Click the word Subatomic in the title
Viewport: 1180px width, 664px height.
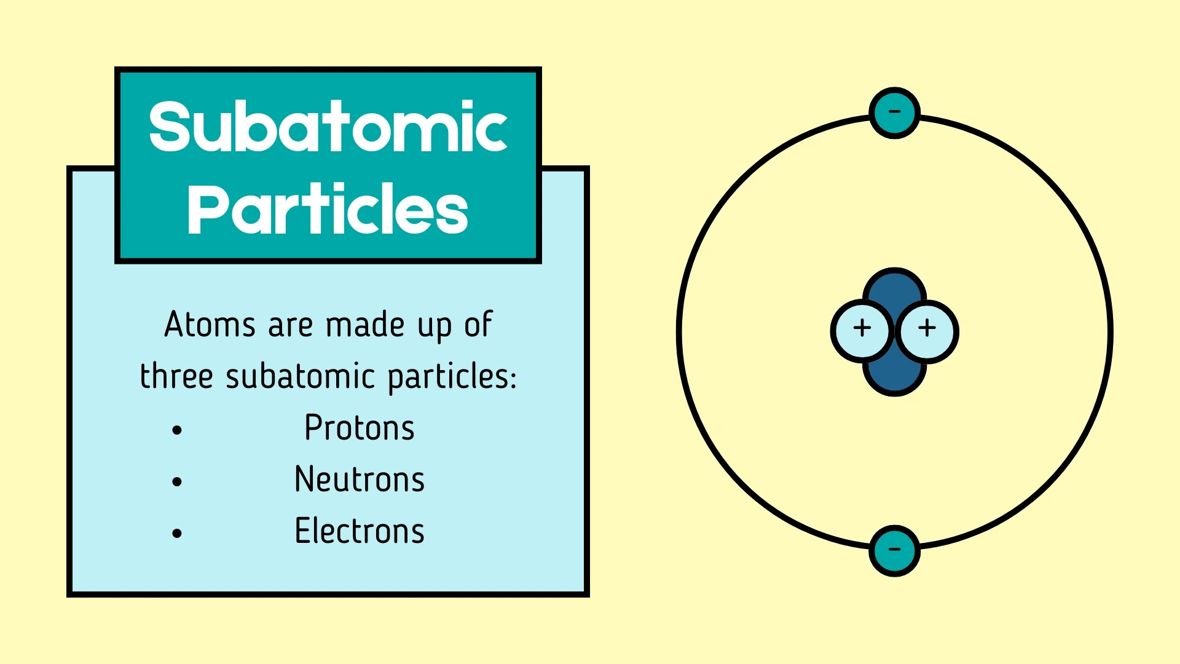pyautogui.click(x=328, y=127)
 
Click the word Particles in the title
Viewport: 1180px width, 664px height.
pyautogui.click(x=328, y=210)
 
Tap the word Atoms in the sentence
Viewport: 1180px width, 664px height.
pyautogui.click(x=210, y=325)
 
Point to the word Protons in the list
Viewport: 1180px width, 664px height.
pyautogui.click(x=360, y=428)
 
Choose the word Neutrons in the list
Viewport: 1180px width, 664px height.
pyautogui.click(x=360, y=480)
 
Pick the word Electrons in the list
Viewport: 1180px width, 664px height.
pyautogui.click(x=360, y=531)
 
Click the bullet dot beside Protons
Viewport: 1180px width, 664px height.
pyautogui.click(x=178, y=430)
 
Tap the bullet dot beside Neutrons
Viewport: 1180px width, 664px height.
pyautogui.click(x=178, y=482)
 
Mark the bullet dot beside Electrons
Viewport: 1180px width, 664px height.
pyautogui.click(x=178, y=534)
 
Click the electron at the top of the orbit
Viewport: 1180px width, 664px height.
pyautogui.click(x=894, y=113)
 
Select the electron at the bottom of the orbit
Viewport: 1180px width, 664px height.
pyautogui.click(x=894, y=550)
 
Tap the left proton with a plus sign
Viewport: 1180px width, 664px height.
pyautogui.click(x=862, y=331)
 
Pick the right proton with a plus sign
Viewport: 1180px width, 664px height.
pyautogui.click(x=927, y=331)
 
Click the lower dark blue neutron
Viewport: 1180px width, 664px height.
pyautogui.click(x=895, y=378)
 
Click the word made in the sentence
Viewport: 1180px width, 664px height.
pyautogui.click(x=365, y=325)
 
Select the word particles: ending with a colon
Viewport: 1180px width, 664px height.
pyautogui.click(x=452, y=376)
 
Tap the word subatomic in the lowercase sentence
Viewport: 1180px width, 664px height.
pyautogui.click(x=301, y=376)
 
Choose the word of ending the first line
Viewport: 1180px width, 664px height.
pyautogui.click(x=478, y=325)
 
